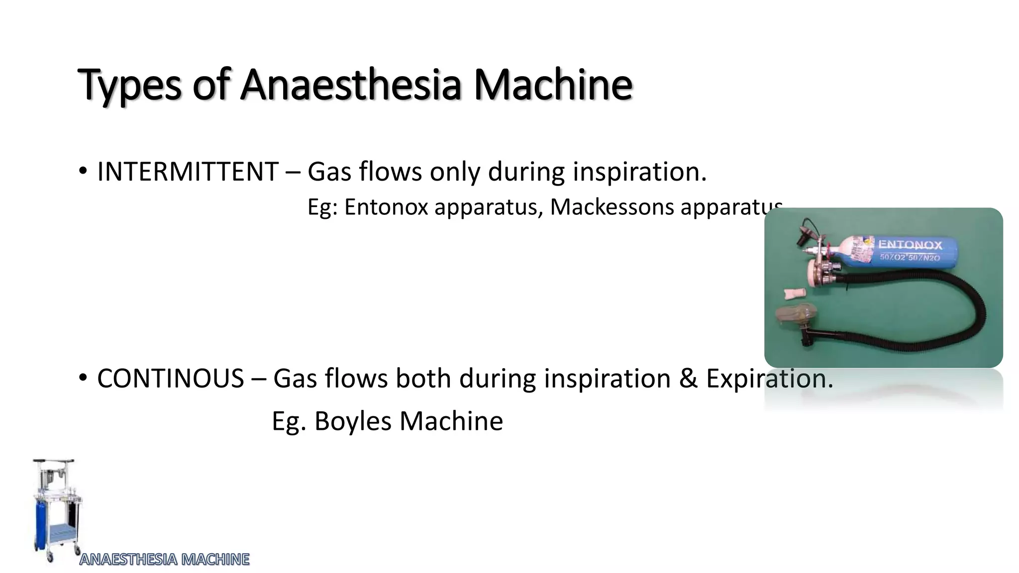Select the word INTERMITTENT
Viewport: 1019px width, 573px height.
pyautogui.click(x=188, y=172)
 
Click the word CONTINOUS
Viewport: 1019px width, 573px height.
pyautogui.click(x=170, y=379)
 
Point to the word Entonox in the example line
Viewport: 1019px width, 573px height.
pyautogui.click(x=386, y=207)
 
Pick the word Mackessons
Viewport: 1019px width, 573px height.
pyautogui.click(x=611, y=207)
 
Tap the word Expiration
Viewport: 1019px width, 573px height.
pyautogui.click(x=769, y=379)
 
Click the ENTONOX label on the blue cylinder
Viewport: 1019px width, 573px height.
pyautogui.click(x=910, y=245)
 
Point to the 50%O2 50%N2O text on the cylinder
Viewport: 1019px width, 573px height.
pyautogui.click(x=910, y=257)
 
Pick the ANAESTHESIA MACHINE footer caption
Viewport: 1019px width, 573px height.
pyautogui.click(x=165, y=560)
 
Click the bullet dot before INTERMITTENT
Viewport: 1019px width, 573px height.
pyautogui.click(x=83, y=172)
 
